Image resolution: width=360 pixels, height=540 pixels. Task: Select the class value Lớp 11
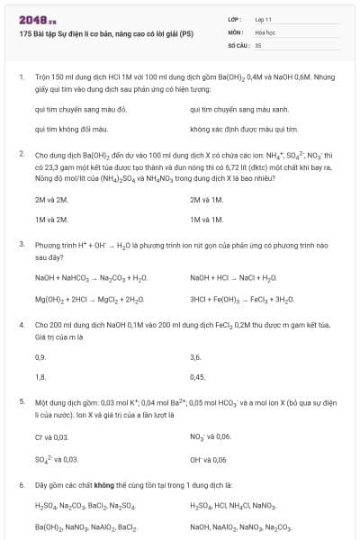(264, 19)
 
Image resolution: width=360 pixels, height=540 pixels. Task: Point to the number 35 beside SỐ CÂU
(258, 44)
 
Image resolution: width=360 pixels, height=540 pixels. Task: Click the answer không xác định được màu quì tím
(238, 130)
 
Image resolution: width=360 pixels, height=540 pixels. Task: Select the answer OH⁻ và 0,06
(208, 458)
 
